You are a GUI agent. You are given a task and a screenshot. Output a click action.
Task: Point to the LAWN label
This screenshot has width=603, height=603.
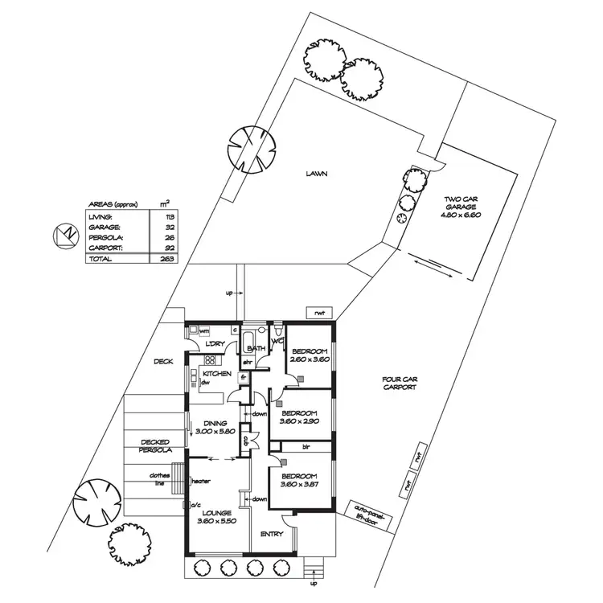point(316,174)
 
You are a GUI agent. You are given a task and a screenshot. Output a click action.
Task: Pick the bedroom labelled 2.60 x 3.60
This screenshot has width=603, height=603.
point(310,355)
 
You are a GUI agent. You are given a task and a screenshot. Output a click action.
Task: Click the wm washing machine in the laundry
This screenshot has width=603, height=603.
point(203,330)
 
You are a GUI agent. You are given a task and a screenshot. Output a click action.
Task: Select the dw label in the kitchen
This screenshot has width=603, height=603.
point(206,383)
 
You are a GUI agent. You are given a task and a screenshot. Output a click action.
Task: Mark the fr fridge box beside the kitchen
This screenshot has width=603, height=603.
point(242,377)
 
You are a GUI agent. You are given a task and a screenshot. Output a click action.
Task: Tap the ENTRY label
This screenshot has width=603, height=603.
point(272,535)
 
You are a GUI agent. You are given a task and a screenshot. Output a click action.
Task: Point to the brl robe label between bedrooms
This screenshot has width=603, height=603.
point(306,445)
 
